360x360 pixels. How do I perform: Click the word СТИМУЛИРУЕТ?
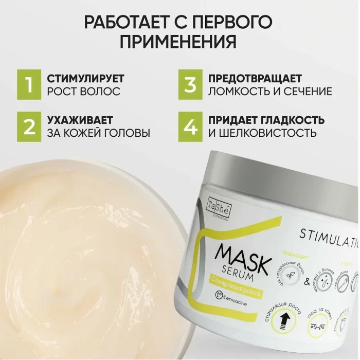[x=86, y=79]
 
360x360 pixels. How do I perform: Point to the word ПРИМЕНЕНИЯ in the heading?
[x=179, y=41]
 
